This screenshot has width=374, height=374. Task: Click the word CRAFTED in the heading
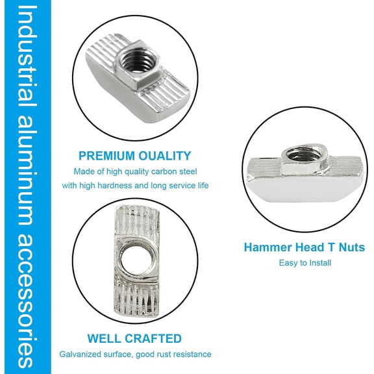click(x=156, y=338)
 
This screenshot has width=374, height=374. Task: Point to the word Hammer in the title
click(x=266, y=247)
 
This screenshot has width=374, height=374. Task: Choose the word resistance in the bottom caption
click(x=193, y=354)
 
